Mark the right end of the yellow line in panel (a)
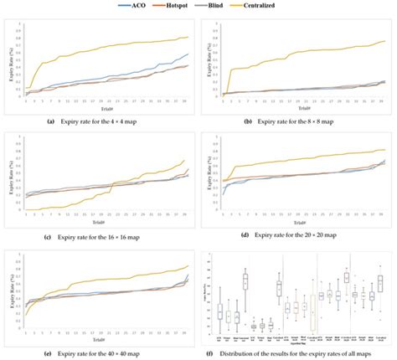coord(188,37)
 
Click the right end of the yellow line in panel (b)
coord(384,40)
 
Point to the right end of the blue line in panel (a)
coord(188,54)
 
